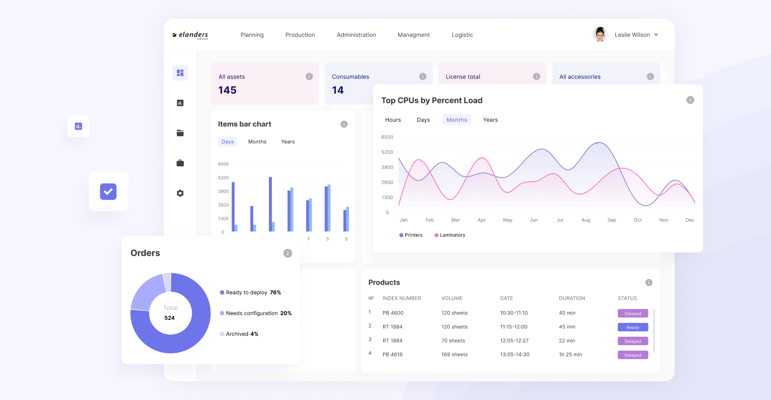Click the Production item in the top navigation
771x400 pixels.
tap(300, 35)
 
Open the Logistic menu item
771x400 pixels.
tap(462, 35)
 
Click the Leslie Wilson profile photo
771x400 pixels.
tap(600, 35)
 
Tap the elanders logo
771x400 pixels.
tap(190, 35)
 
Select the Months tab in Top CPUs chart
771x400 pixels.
tap(457, 120)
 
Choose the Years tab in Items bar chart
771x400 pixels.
tap(288, 142)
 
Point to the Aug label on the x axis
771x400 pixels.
tap(586, 220)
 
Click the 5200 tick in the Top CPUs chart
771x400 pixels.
tap(387, 152)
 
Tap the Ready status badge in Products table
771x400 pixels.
tap(633, 327)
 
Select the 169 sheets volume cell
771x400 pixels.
tap(454, 355)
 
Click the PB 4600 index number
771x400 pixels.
tap(393, 313)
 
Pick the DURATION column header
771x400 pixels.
tap(572, 298)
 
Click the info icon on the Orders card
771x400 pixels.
tap(288, 253)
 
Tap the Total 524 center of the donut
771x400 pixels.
tap(170, 313)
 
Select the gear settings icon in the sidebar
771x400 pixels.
tap(180, 193)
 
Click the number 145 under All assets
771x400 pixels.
tap(227, 90)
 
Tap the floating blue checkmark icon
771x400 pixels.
tap(108, 192)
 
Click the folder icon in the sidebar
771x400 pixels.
tap(180, 133)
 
